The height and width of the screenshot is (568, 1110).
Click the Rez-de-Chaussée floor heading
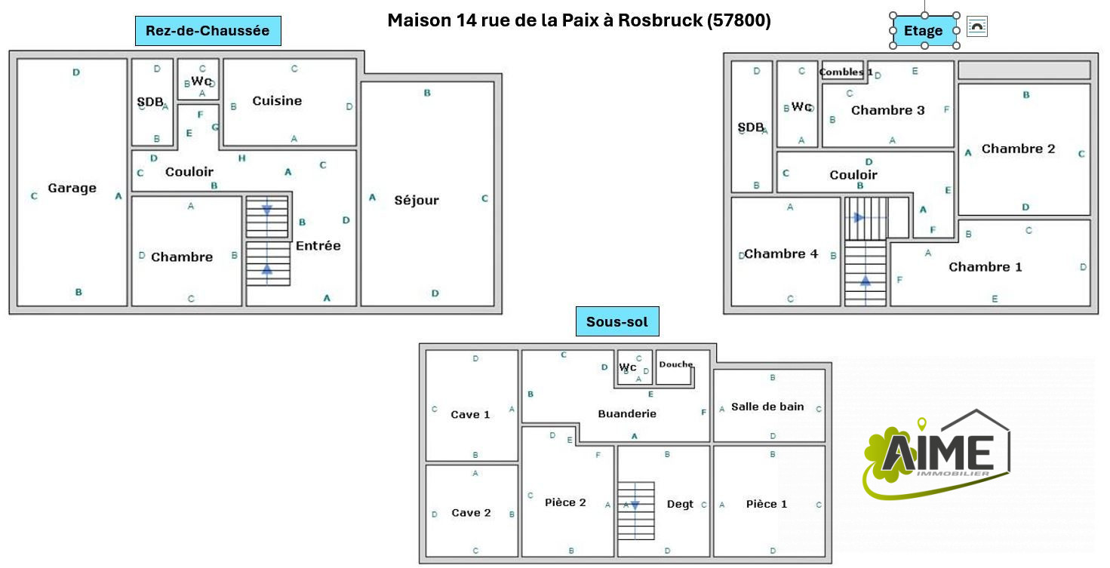point(208,31)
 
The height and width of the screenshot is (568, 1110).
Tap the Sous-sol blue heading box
point(617,321)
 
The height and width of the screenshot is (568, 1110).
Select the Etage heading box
point(924,31)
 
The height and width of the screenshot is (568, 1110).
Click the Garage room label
point(72,188)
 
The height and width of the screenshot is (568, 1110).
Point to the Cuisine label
point(277,101)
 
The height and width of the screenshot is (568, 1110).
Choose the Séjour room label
point(417,200)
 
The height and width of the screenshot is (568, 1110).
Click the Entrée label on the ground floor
point(318,246)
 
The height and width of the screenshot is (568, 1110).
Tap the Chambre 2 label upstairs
point(1019,149)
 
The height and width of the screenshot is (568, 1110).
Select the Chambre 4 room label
point(781,253)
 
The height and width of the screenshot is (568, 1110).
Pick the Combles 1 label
point(846,72)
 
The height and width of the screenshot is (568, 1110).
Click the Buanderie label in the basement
point(627,413)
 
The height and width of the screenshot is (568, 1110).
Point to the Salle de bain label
point(767,407)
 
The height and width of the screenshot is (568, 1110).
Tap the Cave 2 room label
point(471,512)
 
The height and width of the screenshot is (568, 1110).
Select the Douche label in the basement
point(676,364)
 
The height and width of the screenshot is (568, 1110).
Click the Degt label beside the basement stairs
point(680,504)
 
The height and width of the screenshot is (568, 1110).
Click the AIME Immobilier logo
point(936,454)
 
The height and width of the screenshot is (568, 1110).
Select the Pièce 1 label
point(766,504)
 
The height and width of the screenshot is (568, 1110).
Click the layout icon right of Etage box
point(977,26)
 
